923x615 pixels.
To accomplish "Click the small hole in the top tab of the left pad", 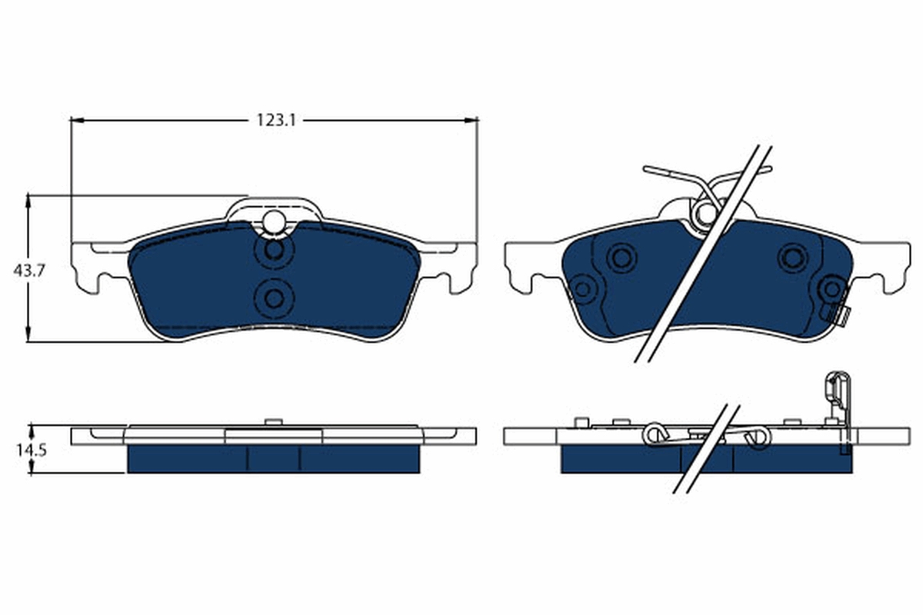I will pyautogui.click(x=273, y=221).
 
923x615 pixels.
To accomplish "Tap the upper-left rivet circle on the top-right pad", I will pyautogui.click(x=621, y=257).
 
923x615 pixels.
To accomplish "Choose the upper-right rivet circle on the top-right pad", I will pyautogui.click(x=791, y=257).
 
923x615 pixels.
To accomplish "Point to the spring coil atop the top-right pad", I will pyautogui.click(x=703, y=212).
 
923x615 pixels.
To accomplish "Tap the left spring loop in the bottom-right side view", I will pyautogui.click(x=655, y=435).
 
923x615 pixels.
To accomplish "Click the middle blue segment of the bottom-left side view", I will pyautogui.click(x=273, y=460).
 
